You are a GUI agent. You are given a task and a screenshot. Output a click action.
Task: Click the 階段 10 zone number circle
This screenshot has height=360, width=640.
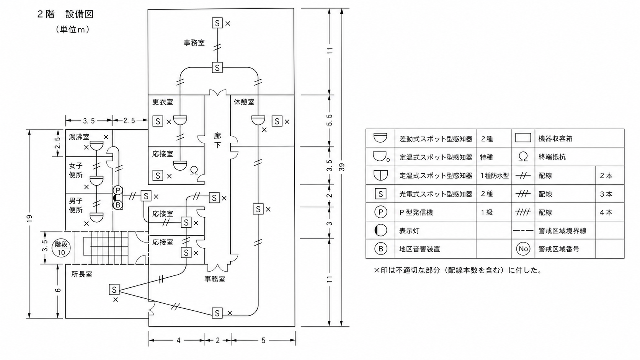pos(61,248)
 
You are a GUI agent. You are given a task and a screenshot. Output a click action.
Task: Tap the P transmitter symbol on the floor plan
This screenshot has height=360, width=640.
pos(118,190)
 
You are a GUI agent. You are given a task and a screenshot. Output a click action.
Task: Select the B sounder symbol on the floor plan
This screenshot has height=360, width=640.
pos(118,205)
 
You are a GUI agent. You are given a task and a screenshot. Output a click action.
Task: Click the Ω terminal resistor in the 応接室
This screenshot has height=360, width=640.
pos(194,171)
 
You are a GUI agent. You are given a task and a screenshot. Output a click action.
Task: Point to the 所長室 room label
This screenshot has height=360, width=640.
pos(82,274)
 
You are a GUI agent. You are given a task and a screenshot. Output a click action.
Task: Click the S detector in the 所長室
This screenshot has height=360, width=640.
pos(114,290)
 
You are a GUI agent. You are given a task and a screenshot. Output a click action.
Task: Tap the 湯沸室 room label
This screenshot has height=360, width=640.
pos(79,137)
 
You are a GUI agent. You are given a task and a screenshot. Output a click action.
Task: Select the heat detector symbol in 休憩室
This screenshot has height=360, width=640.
pos(258,120)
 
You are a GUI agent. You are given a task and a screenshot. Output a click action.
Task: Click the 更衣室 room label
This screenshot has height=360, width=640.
pos(163,102)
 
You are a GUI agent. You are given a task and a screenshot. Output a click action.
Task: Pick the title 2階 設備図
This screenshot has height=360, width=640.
pos(65,14)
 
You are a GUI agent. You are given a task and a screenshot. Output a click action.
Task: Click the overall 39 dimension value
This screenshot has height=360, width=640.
pos(341,167)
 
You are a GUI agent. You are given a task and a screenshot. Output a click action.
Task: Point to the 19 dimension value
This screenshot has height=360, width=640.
pos(29,218)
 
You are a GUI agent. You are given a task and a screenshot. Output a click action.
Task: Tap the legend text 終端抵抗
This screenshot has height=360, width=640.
pos(552,157)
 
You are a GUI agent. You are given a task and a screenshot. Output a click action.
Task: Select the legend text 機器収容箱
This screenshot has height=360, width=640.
pos(555,138)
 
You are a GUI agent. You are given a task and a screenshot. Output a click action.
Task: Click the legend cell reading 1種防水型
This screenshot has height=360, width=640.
pos(495,176)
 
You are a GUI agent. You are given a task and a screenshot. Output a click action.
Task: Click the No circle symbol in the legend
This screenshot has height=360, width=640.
pos(523,249)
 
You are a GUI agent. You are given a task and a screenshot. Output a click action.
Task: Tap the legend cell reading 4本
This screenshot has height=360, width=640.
pos(606,212)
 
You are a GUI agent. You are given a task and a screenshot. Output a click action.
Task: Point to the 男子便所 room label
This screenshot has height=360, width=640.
pos(76,205)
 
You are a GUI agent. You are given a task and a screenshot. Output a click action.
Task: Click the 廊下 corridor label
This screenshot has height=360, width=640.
pos(217,140)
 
